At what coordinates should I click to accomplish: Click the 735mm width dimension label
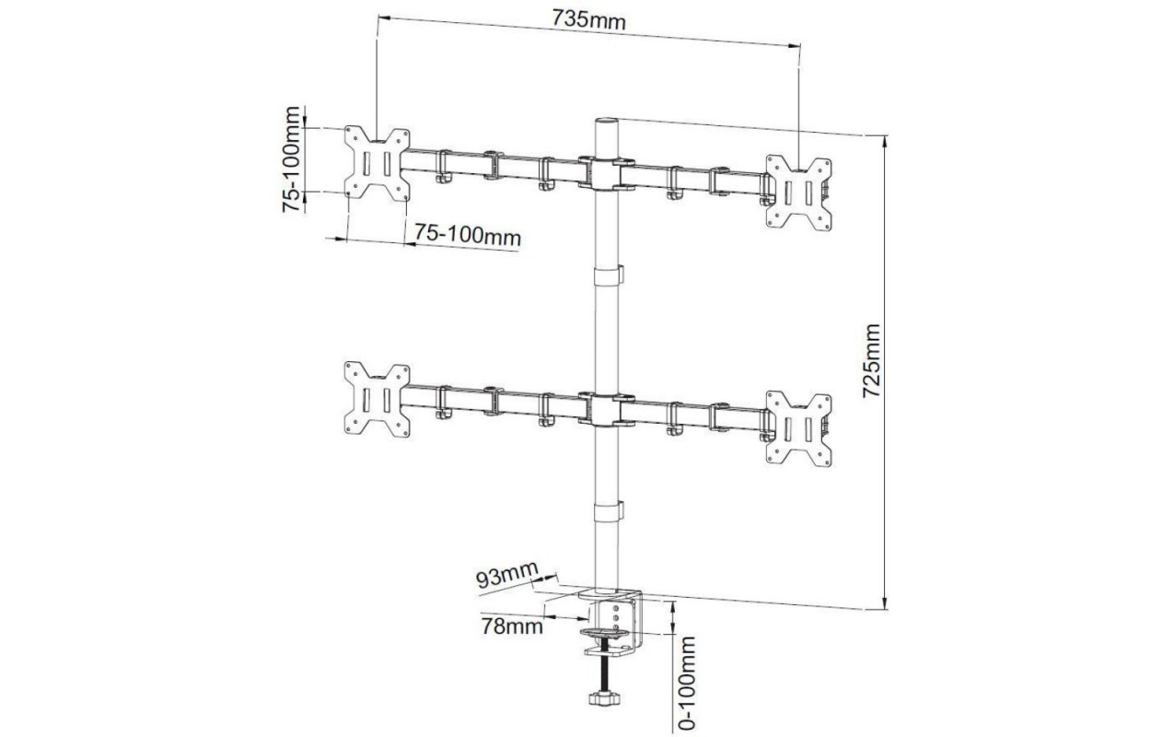click(x=588, y=21)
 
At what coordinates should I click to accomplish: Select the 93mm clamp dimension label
click(x=506, y=575)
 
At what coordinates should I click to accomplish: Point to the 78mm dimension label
click(x=512, y=626)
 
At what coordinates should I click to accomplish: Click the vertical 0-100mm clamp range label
click(x=687, y=683)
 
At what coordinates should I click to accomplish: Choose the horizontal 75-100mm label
click(x=468, y=235)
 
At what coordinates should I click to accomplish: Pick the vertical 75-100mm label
click(x=291, y=159)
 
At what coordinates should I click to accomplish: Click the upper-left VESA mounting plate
click(x=377, y=164)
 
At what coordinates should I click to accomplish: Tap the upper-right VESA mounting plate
click(x=798, y=193)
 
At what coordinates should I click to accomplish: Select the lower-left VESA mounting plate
click(x=377, y=399)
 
